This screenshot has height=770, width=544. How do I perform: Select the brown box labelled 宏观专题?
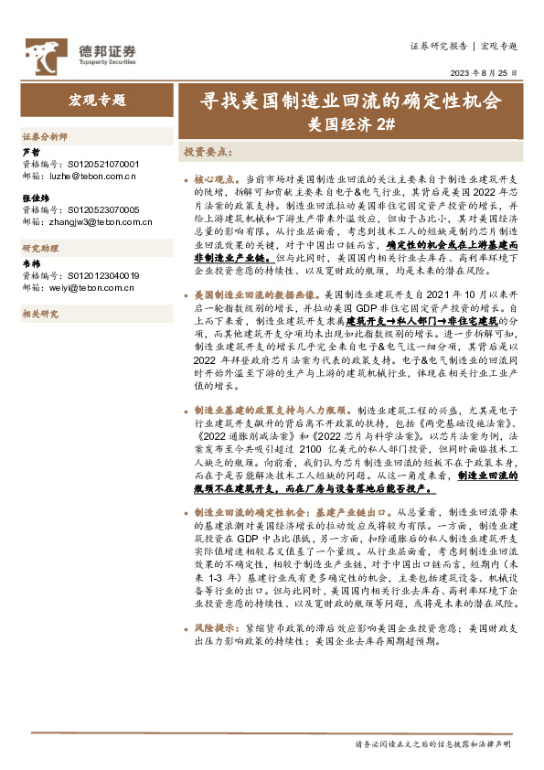pyautogui.click(x=97, y=101)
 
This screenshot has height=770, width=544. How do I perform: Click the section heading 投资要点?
pyautogui.click(x=208, y=151)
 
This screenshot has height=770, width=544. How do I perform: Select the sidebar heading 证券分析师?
pyautogui.click(x=45, y=135)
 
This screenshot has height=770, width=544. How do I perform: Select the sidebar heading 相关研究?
pyautogui.click(x=40, y=314)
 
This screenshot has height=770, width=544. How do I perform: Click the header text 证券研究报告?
pyautogui.click(x=438, y=45)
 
